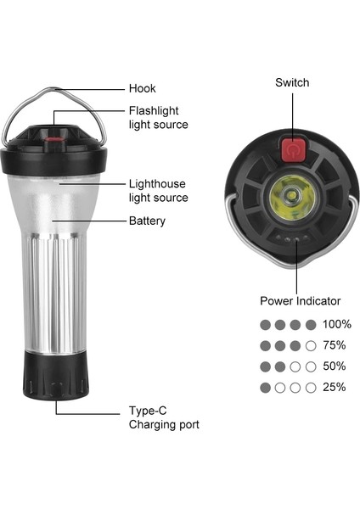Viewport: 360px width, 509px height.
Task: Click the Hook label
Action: coord(142,88)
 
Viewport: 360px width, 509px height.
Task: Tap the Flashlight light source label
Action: coord(158,117)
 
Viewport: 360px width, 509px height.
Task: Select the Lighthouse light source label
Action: coord(158,190)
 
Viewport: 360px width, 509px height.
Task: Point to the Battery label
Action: coord(147,221)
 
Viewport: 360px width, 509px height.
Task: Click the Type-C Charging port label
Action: coord(164,417)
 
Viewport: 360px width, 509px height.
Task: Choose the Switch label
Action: coord(291,82)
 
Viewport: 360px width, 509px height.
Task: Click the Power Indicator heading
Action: coord(300,300)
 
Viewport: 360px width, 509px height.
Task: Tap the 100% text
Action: coord(337,324)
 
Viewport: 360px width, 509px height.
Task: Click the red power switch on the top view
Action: coord(291,151)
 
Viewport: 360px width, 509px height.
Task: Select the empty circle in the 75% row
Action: coord(311,345)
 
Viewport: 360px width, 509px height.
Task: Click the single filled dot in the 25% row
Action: coord(265,388)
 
